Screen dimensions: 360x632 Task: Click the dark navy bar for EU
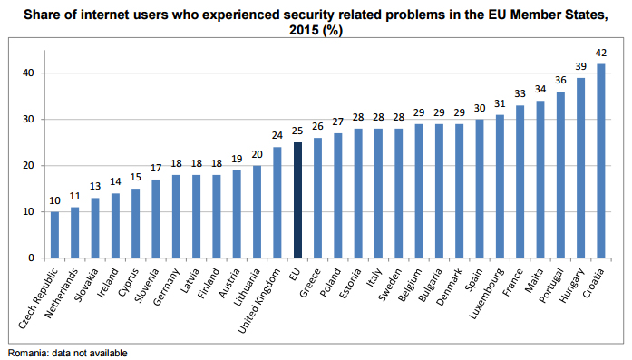point(297,200)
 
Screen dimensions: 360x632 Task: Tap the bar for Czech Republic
point(55,235)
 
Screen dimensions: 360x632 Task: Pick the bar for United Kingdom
point(277,202)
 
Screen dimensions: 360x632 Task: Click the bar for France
point(520,182)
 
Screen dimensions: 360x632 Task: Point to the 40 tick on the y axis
point(29,73)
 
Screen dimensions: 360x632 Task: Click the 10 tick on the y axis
point(29,211)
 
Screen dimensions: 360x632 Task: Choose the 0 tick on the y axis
point(32,258)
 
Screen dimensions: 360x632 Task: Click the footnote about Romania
point(68,353)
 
